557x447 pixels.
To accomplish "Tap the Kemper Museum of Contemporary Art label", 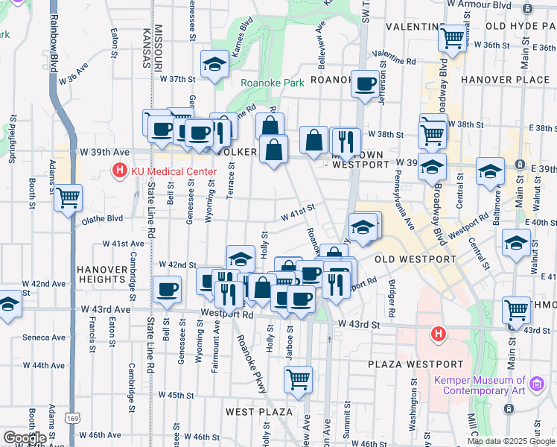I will click(x=479, y=385).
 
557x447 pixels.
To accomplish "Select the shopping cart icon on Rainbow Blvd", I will click(x=68, y=197).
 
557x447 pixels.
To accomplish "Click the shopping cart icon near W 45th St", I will click(x=298, y=378).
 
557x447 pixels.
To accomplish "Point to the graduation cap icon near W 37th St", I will click(x=215, y=64).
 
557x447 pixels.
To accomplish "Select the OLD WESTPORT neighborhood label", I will click(x=415, y=259).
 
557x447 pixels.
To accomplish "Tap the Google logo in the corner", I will click(x=24, y=438).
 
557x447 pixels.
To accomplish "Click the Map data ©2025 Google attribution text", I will click(x=511, y=441).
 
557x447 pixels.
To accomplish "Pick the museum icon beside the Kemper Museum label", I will click(x=537, y=385).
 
